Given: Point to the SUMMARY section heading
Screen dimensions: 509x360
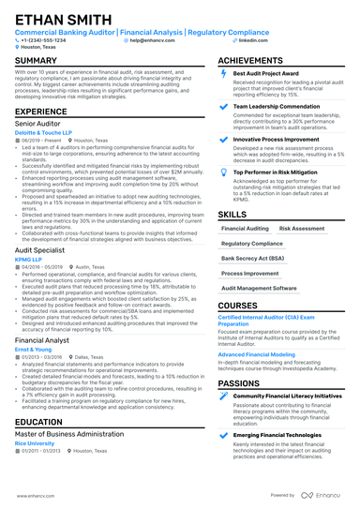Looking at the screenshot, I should [x=36, y=61].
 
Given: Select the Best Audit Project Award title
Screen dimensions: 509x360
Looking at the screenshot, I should [x=267, y=72].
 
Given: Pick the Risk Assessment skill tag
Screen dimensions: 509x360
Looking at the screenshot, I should [x=302, y=227].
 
